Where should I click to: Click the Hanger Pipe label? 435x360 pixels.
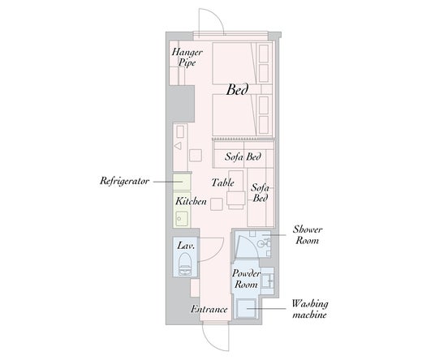[187, 57]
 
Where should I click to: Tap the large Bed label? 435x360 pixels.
[237, 90]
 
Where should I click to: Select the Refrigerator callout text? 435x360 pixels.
[124, 181]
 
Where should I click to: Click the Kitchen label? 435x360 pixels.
[191, 201]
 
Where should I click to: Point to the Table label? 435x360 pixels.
[222, 182]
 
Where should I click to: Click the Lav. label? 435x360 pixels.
[186, 246]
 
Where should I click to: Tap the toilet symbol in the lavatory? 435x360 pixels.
[185, 265]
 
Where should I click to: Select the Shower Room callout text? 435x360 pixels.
[308, 235]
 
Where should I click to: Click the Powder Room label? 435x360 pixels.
[246, 279]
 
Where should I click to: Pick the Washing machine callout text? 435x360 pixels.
[310, 309]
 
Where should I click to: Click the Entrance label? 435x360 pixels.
[209, 309]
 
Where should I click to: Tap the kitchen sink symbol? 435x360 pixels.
[182, 219]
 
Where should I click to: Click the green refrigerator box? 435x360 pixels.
[182, 182]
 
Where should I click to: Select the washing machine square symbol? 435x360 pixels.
[247, 309]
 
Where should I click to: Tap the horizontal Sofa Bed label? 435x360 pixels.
[243, 156]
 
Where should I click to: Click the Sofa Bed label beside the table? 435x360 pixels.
[260, 193]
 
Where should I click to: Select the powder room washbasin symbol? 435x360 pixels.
[268, 281]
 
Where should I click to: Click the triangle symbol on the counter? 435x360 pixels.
[178, 146]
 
